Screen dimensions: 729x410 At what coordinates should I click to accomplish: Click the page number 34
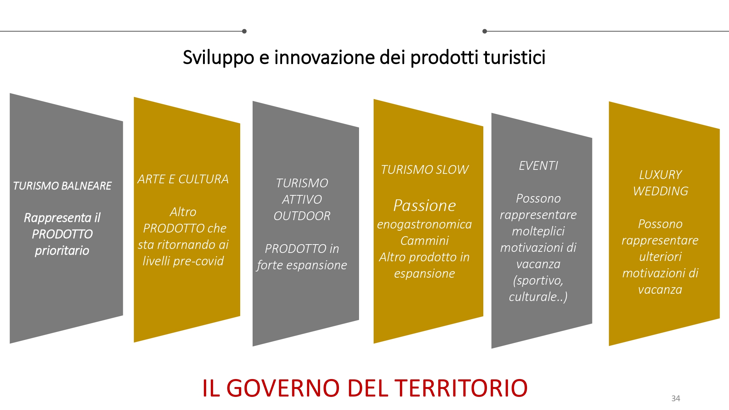click(675, 398)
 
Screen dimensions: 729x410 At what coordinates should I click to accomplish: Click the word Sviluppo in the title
click(218, 58)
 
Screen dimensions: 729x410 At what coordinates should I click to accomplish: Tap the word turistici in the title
click(514, 57)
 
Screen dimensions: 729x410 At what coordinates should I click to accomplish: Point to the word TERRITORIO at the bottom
click(461, 388)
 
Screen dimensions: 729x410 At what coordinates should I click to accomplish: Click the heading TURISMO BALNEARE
click(62, 186)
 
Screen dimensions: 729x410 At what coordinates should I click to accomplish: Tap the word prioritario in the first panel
click(62, 251)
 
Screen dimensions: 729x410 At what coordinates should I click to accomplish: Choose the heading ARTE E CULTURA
click(183, 179)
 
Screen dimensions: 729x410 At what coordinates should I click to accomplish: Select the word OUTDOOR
click(302, 216)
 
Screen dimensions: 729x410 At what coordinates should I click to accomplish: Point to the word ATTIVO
click(302, 200)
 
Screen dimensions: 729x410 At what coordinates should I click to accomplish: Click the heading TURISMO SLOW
click(425, 170)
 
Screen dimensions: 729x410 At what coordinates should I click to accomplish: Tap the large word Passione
click(425, 206)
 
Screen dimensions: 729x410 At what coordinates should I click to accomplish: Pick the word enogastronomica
click(425, 225)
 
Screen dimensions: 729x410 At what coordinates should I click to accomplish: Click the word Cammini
click(425, 241)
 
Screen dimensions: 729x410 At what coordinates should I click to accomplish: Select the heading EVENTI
click(538, 166)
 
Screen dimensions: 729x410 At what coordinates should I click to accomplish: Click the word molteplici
click(538, 231)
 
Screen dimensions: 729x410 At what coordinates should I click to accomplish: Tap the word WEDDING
click(660, 191)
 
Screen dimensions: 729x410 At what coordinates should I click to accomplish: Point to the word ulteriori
click(660, 257)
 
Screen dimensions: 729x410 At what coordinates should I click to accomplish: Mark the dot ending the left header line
click(244, 31)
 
